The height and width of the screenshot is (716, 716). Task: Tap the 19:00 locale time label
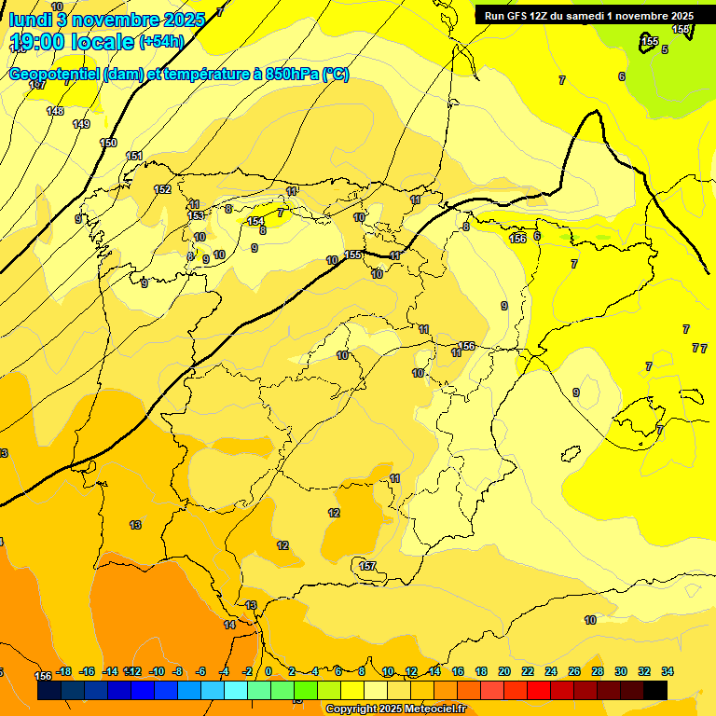click(x=73, y=42)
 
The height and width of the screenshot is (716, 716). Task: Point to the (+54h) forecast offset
click(x=161, y=42)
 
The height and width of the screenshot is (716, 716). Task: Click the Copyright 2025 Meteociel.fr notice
click(x=395, y=709)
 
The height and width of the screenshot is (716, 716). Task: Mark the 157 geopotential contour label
click(x=367, y=566)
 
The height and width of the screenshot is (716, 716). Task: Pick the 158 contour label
click(x=682, y=30)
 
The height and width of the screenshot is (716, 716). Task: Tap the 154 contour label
click(x=255, y=221)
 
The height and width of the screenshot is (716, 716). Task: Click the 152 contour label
click(x=162, y=189)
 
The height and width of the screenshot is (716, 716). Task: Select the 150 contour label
click(x=108, y=143)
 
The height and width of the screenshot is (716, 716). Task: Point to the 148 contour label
click(x=55, y=111)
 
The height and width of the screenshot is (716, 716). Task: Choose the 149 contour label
click(x=81, y=124)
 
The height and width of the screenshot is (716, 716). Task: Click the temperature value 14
click(x=229, y=625)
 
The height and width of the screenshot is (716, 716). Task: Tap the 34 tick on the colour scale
click(x=668, y=671)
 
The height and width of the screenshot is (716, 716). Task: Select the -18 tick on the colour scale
click(x=63, y=671)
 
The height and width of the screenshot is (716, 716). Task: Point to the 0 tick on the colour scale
click(x=268, y=671)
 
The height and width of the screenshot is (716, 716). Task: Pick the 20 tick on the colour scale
click(x=504, y=671)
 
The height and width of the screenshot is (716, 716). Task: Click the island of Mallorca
click(x=644, y=411)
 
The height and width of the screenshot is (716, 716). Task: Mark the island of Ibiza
click(x=570, y=453)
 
